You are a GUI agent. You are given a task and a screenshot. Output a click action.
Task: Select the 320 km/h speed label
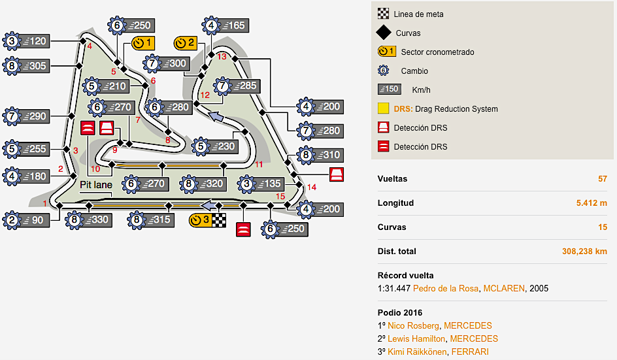[213, 184]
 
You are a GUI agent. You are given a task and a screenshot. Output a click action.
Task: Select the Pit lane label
[96, 186]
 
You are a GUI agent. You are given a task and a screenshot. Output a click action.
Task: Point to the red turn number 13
[222, 56]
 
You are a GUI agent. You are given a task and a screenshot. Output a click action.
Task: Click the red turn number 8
[167, 140]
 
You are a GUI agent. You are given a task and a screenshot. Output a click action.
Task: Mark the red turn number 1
[45, 205]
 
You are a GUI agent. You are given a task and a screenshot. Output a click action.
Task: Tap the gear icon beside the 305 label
[12, 65]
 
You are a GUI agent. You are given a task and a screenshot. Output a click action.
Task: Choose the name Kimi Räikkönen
[415, 352]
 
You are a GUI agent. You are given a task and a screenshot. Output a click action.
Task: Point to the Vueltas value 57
[602, 179]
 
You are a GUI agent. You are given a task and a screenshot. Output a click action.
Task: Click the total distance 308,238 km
[584, 252]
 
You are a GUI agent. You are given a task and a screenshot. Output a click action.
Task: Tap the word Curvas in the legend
[408, 33]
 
